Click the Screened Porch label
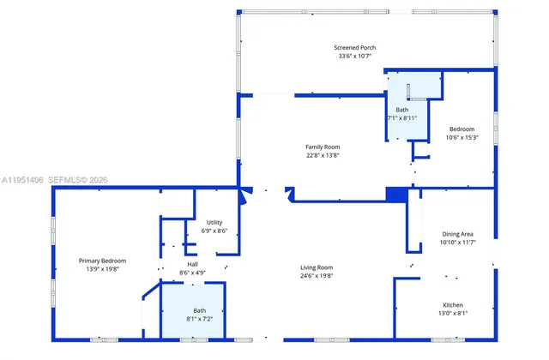click(x=355, y=47)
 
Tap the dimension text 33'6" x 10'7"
click(x=355, y=56)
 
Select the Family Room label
click(x=323, y=147)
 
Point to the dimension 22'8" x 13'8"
click(x=323, y=155)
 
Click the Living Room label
click(x=317, y=267)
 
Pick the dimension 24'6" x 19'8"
click(x=317, y=276)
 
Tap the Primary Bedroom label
click(x=103, y=261)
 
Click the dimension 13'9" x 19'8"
click(x=103, y=269)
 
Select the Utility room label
click(x=214, y=222)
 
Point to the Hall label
click(x=193, y=265)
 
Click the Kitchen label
click(x=453, y=305)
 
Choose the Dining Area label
click(x=457, y=234)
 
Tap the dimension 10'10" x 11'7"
click(x=457, y=243)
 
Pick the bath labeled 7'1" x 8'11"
click(x=402, y=114)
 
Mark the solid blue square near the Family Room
click(x=395, y=195)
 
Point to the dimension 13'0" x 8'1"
click(x=453, y=314)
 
